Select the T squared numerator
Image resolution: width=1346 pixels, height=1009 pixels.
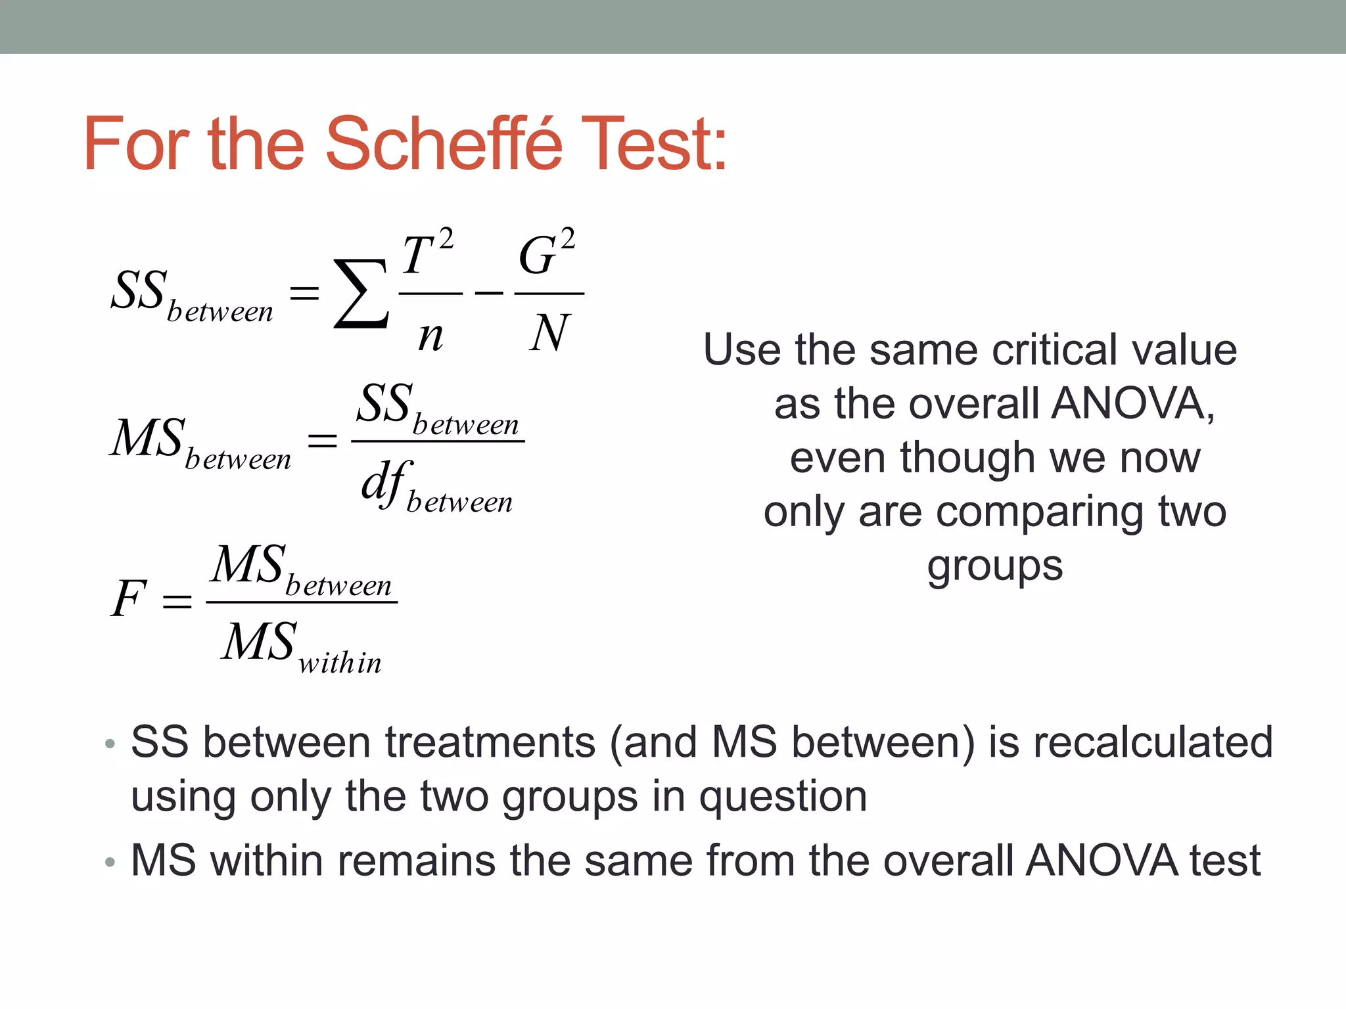[427, 252]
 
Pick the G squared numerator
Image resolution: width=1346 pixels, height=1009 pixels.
[547, 252]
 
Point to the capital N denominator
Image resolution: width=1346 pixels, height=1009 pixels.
[548, 334]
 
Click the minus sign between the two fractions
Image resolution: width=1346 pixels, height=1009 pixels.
[488, 293]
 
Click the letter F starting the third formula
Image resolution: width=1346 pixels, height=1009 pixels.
[128, 599]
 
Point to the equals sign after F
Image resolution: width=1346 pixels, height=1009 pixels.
[177, 600]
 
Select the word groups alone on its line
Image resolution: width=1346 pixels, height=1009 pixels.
[994, 566]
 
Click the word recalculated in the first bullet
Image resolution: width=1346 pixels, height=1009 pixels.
[1153, 742]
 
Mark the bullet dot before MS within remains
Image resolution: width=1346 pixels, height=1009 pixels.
[110, 861]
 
